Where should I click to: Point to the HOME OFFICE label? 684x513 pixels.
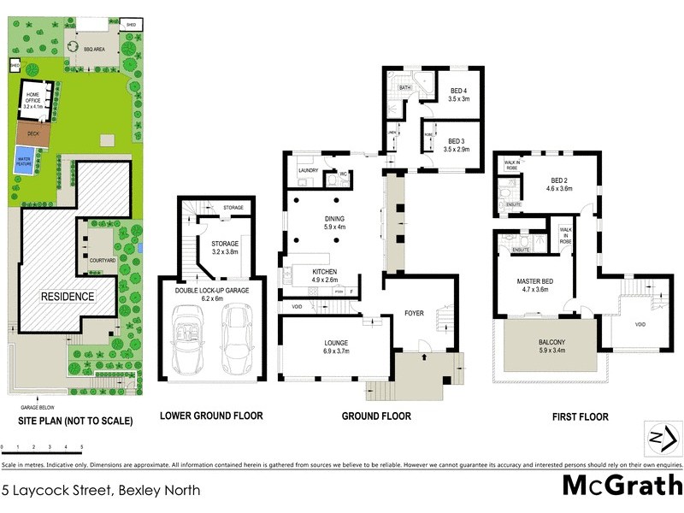pos(33,98)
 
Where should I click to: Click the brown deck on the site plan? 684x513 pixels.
pos(33,133)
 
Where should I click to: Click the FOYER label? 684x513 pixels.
pos(414,314)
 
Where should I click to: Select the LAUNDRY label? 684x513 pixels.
pos(308,171)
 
